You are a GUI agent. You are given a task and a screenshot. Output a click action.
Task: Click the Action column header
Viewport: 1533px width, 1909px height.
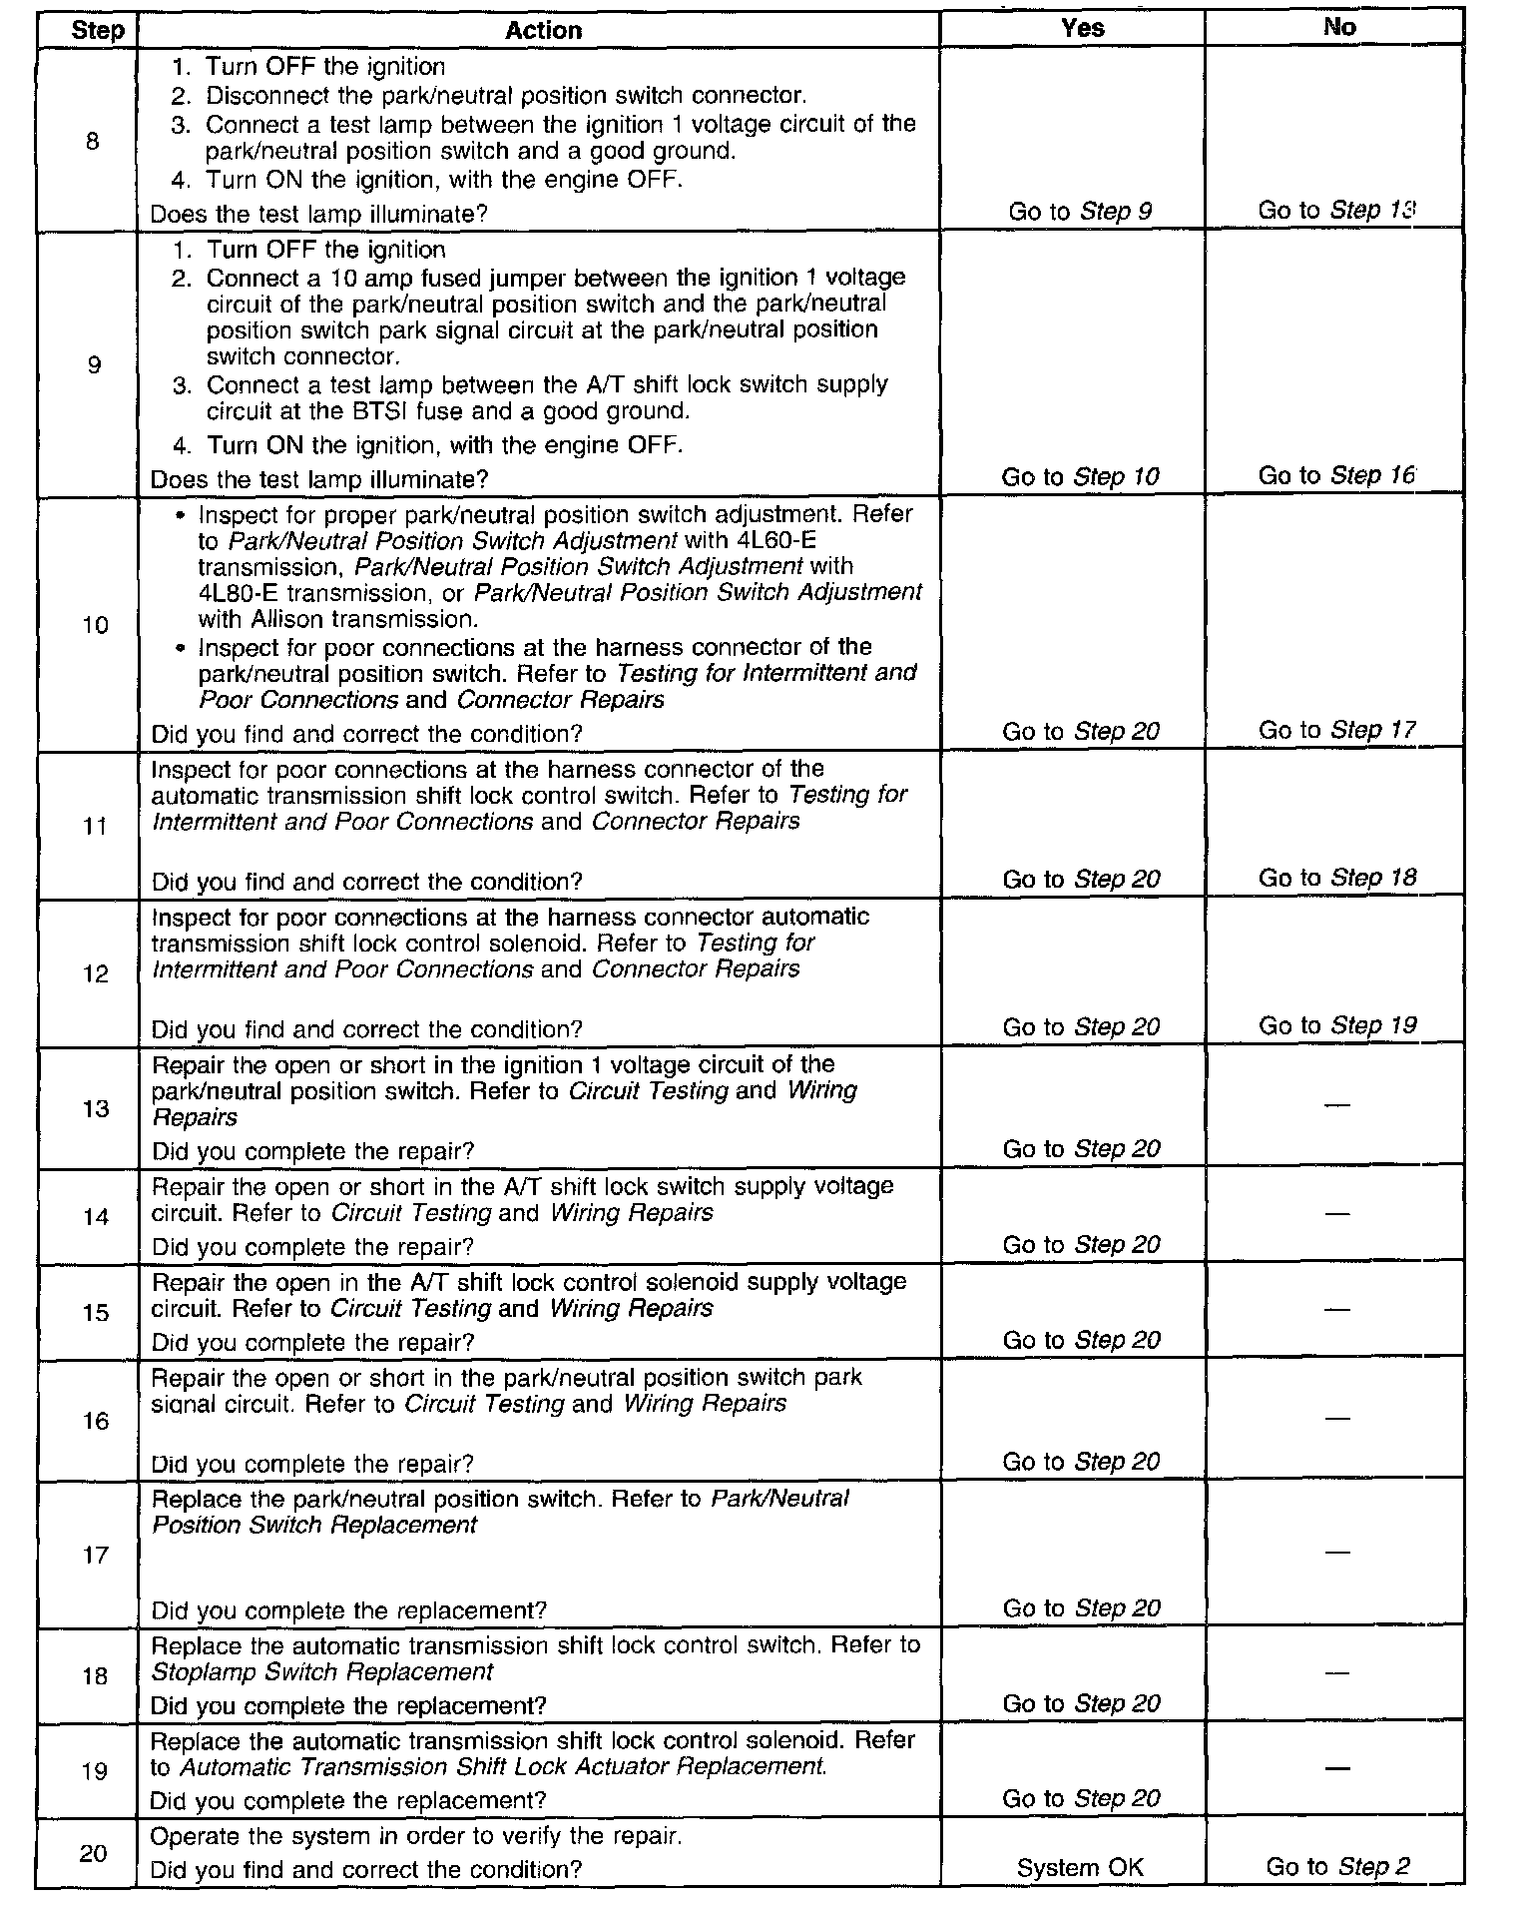543,30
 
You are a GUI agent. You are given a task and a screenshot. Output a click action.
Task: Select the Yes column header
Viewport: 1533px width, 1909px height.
1082,28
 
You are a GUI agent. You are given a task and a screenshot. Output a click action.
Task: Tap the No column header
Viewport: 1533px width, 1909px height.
1338,28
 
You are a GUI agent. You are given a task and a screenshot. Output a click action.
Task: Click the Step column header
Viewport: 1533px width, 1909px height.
97,30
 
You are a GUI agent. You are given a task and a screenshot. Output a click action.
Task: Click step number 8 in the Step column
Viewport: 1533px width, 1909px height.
93,141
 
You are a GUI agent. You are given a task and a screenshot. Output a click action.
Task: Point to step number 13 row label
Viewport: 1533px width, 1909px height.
95,1108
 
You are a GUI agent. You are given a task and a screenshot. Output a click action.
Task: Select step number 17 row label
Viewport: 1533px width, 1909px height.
95,1555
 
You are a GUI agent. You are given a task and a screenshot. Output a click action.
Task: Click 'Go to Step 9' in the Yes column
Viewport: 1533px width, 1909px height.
1080,212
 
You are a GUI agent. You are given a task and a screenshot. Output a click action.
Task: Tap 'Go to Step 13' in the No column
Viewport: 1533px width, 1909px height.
1337,211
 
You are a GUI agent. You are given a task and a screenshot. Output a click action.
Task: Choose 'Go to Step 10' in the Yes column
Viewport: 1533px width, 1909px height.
1080,477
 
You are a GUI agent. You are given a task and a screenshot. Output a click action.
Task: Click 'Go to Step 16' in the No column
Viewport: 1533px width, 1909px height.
1336,476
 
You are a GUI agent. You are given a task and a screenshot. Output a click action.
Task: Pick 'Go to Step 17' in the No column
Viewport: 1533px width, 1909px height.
1336,731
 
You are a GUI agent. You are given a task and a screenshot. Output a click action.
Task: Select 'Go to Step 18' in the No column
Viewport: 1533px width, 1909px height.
1336,878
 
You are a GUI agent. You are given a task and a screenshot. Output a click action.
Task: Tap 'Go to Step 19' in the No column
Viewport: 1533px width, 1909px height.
1336,1026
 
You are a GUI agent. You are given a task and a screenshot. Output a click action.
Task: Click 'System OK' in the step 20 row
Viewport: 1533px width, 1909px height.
1080,1867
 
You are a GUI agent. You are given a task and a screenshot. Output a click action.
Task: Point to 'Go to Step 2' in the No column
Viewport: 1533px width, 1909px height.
1337,1867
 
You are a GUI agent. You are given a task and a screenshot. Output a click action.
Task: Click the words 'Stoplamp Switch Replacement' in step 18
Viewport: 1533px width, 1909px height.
322,1672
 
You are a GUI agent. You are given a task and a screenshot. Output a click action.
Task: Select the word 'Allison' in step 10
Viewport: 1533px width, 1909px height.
287,619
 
